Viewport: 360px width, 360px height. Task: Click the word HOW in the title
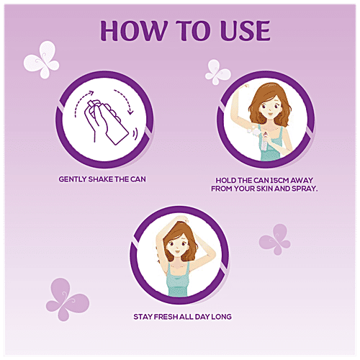[x=133, y=30]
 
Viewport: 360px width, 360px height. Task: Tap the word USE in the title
[x=246, y=30]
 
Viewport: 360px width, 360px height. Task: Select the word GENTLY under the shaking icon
[x=73, y=179]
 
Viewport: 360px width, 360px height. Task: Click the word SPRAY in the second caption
[x=305, y=189]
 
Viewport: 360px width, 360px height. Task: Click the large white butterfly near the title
[x=42, y=59]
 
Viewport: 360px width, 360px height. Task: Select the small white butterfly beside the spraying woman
[x=217, y=72]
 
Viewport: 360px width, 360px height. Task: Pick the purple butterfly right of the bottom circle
[x=275, y=239]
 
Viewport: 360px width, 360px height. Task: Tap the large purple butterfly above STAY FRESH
[x=67, y=299]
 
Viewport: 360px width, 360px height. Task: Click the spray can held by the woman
[x=265, y=143]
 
